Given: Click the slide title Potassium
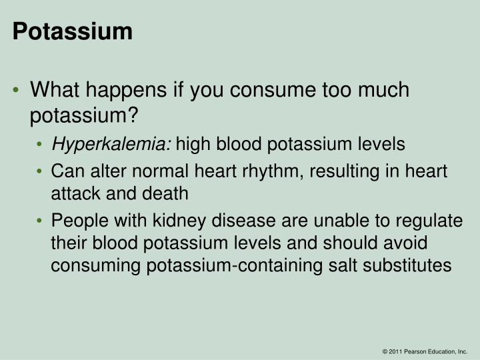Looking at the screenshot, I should pyautogui.click(x=73, y=31).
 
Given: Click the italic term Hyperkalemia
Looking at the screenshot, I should pyautogui.click(x=111, y=143).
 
